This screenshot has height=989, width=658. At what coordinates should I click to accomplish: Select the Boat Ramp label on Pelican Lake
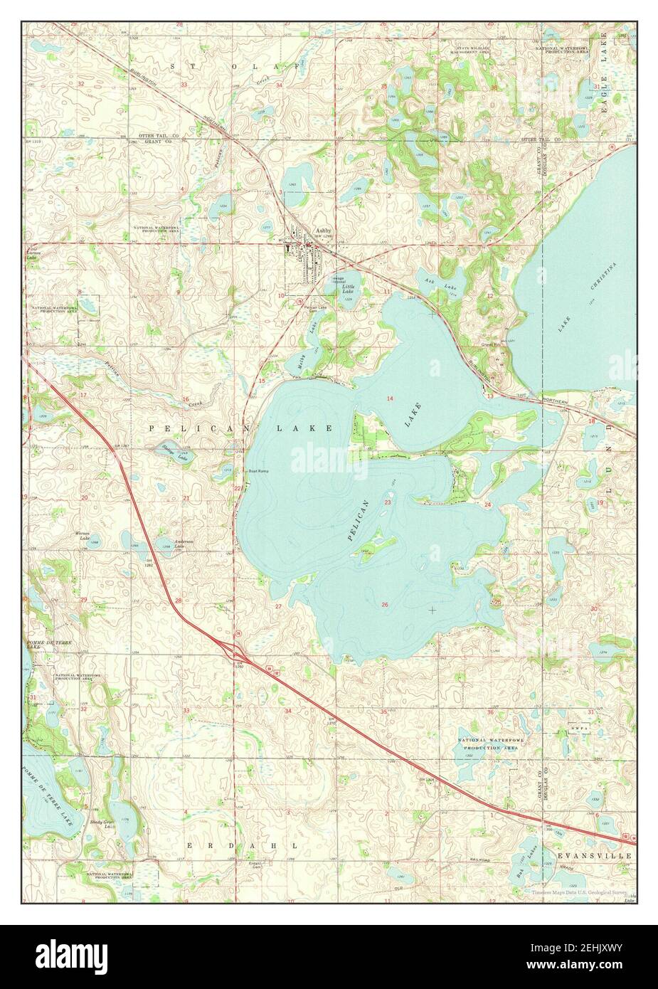(x=258, y=471)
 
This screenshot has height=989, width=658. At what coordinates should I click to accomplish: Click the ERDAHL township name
(x=212, y=845)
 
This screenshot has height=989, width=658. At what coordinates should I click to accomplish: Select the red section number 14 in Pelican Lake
(x=389, y=398)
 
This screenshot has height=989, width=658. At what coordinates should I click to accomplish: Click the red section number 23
(x=388, y=502)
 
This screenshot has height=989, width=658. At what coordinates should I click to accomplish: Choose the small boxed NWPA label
(x=574, y=731)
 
